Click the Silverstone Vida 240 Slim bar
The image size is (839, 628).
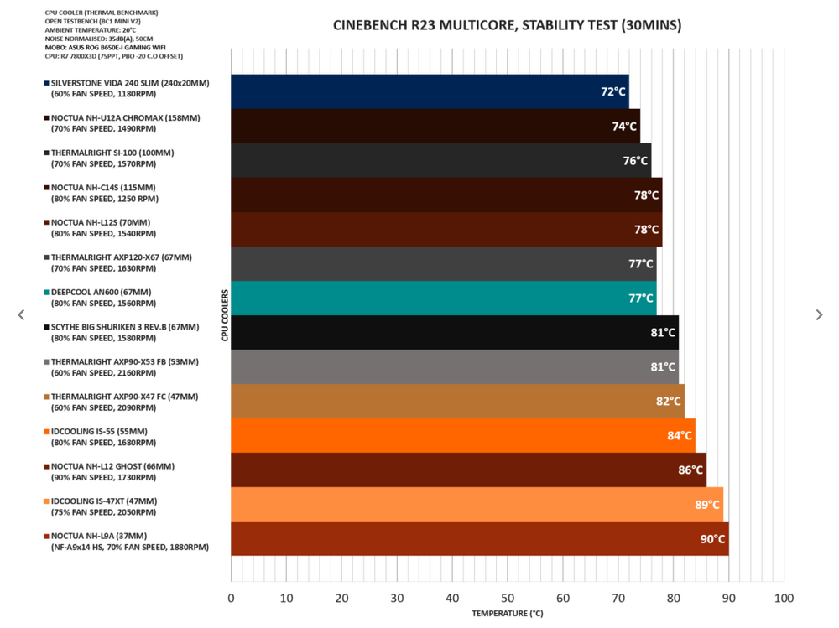click(430, 91)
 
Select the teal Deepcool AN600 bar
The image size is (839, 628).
click(443, 298)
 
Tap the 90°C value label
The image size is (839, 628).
click(712, 539)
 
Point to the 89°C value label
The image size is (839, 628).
click(707, 505)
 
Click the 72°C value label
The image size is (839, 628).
click(613, 91)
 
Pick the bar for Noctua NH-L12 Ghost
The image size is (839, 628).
click(468, 470)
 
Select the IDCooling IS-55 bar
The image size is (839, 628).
click(462, 436)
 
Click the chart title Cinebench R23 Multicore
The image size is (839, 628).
click(507, 25)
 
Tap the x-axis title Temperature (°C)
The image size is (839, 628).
click(507, 614)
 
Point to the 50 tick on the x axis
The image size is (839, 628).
click(508, 598)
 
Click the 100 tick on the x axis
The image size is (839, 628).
click(784, 598)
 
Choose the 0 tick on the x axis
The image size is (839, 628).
click(232, 598)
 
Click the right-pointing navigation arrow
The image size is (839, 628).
click(819, 314)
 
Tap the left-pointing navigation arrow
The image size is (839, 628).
click(21, 314)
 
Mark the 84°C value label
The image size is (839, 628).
click(680, 436)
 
